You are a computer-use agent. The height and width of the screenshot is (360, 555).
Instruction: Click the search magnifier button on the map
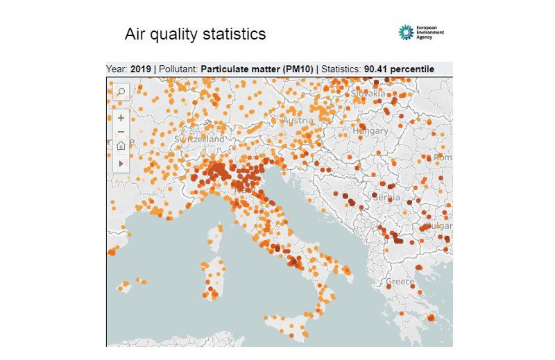tap(120, 91)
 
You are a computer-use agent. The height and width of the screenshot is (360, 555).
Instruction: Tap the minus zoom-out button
tap(121, 132)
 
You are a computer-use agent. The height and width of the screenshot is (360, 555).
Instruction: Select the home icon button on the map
tap(121, 145)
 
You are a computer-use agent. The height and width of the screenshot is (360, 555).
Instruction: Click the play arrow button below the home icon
tap(121, 163)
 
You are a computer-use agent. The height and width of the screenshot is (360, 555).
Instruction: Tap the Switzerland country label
tap(200, 139)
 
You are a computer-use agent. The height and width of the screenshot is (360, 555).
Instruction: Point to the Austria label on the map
tap(298, 121)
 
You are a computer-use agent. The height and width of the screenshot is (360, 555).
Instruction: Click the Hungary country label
tap(370, 130)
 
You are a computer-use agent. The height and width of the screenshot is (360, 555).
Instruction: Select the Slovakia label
tap(368, 93)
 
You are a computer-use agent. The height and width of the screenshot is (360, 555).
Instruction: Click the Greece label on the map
tap(400, 282)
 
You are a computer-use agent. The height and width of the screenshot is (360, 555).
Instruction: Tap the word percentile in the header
tap(413, 69)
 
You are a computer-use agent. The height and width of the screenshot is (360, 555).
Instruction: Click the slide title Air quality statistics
tap(195, 34)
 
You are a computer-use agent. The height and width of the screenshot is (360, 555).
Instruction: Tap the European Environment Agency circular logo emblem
tap(406, 33)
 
